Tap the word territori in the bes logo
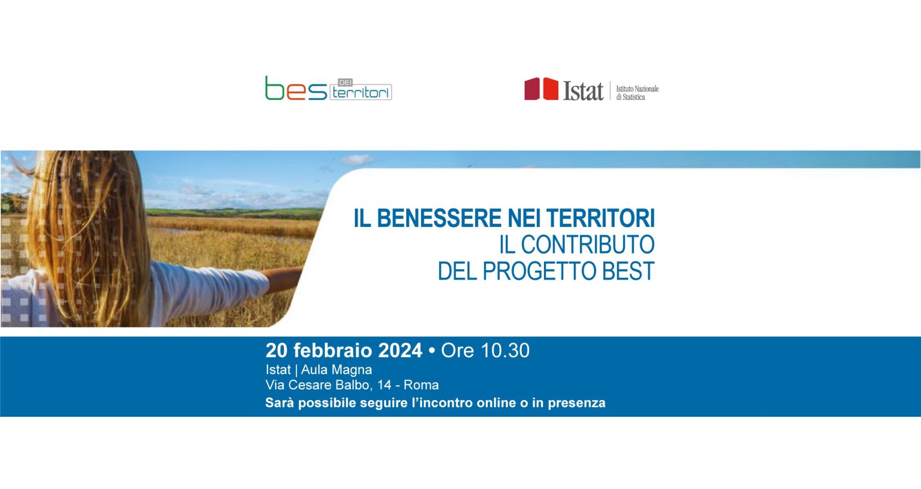361,92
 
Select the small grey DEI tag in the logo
345,83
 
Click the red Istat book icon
541,89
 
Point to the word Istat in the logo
583,91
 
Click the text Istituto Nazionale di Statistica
637,93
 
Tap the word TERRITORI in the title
600,218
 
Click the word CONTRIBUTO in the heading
588,245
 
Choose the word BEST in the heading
628,271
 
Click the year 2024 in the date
400,351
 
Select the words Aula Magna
336,370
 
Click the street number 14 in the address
384,385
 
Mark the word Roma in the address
421,385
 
